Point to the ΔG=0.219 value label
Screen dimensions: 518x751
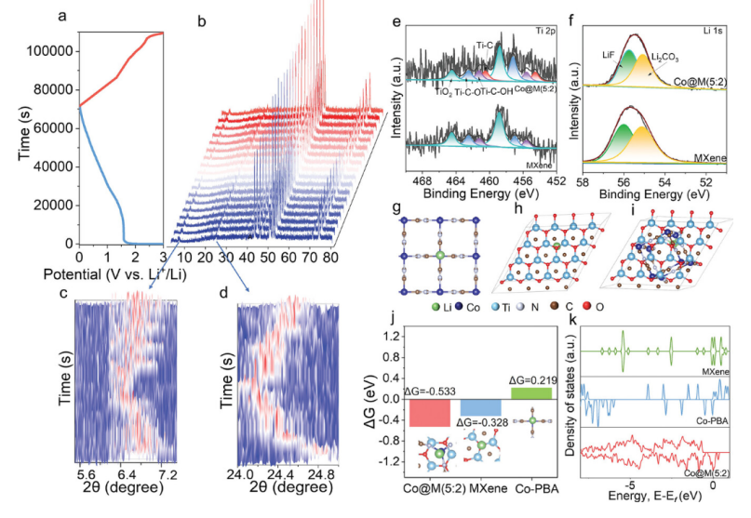coord(532,379)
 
